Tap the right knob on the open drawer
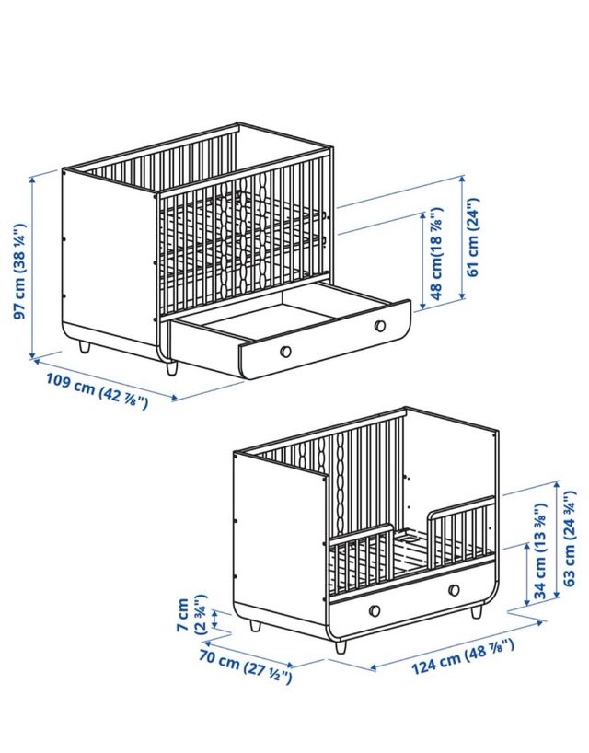pyautogui.click(x=380, y=324)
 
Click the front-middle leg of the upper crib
pyautogui.click(x=172, y=367)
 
